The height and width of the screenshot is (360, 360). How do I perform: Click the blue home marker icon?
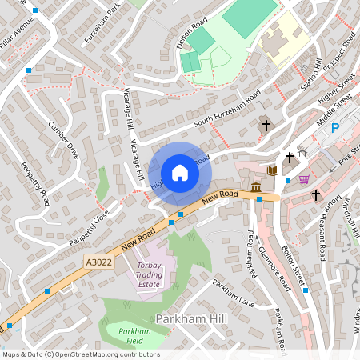[x=180, y=173]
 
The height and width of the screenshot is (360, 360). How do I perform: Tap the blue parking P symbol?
[x=336, y=128]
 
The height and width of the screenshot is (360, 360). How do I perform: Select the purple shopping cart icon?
[x=304, y=179]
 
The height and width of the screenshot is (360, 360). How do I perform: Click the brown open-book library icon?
[x=272, y=170]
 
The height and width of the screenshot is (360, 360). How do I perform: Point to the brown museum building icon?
[x=255, y=187]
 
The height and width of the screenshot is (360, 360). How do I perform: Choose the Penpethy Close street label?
[x=88, y=229]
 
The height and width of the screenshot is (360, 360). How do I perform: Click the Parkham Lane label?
[x=234, y=293]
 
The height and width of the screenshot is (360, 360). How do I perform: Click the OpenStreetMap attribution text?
[x=80, y=354]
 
